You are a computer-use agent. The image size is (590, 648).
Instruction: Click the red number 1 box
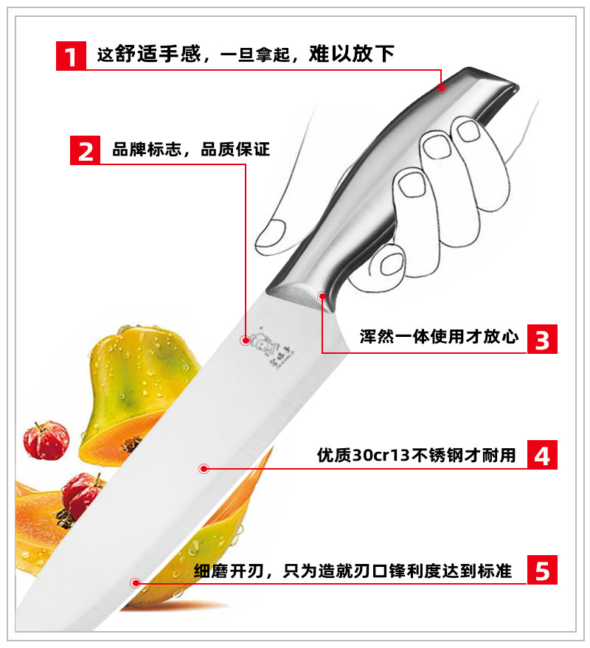tap(71, 56)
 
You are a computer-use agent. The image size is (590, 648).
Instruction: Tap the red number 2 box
tap(85, 150)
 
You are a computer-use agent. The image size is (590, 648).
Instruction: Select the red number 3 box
tap(542, 339)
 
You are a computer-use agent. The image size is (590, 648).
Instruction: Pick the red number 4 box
tap(542, 455)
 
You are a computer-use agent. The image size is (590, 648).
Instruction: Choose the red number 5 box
tap(542, 570)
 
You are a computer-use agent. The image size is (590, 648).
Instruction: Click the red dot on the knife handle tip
tap(442, 88)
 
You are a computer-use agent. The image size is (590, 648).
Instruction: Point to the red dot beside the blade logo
tap(246, 341)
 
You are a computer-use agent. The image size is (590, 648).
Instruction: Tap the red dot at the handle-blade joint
tap(322, 296)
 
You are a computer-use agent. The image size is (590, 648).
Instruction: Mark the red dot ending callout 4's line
tap(204, 469)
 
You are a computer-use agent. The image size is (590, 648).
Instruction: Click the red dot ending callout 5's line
tap(135, 582)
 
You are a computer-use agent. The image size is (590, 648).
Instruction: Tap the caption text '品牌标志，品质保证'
tap(191, 150)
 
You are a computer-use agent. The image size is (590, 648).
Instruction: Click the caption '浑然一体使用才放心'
tap(439, 337)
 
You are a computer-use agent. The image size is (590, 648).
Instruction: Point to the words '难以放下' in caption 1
tap(352, 54)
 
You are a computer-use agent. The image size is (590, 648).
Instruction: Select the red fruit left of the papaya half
tap(46, 441)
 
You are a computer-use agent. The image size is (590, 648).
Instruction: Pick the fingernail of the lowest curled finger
tap(391, 265)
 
